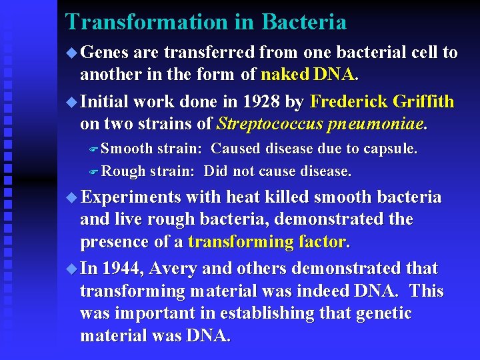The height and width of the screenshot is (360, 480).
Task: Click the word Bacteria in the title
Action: [304, 22]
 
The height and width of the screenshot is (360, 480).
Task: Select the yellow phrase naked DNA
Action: [309, 75]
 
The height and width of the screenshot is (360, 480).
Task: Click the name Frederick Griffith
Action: [382, 102]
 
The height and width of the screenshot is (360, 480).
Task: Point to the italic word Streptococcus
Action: [269, 124]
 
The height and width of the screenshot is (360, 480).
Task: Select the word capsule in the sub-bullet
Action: [392, 149]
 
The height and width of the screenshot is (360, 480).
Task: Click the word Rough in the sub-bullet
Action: [123, 171]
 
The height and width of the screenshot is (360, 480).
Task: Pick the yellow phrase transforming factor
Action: [267, 241]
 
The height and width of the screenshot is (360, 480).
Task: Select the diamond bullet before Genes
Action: [72, 53]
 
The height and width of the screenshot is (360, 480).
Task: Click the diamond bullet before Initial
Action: [72, 102]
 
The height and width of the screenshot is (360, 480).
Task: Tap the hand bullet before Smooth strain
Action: [94, 149]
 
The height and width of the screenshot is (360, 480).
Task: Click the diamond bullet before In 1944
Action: [72, 269]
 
